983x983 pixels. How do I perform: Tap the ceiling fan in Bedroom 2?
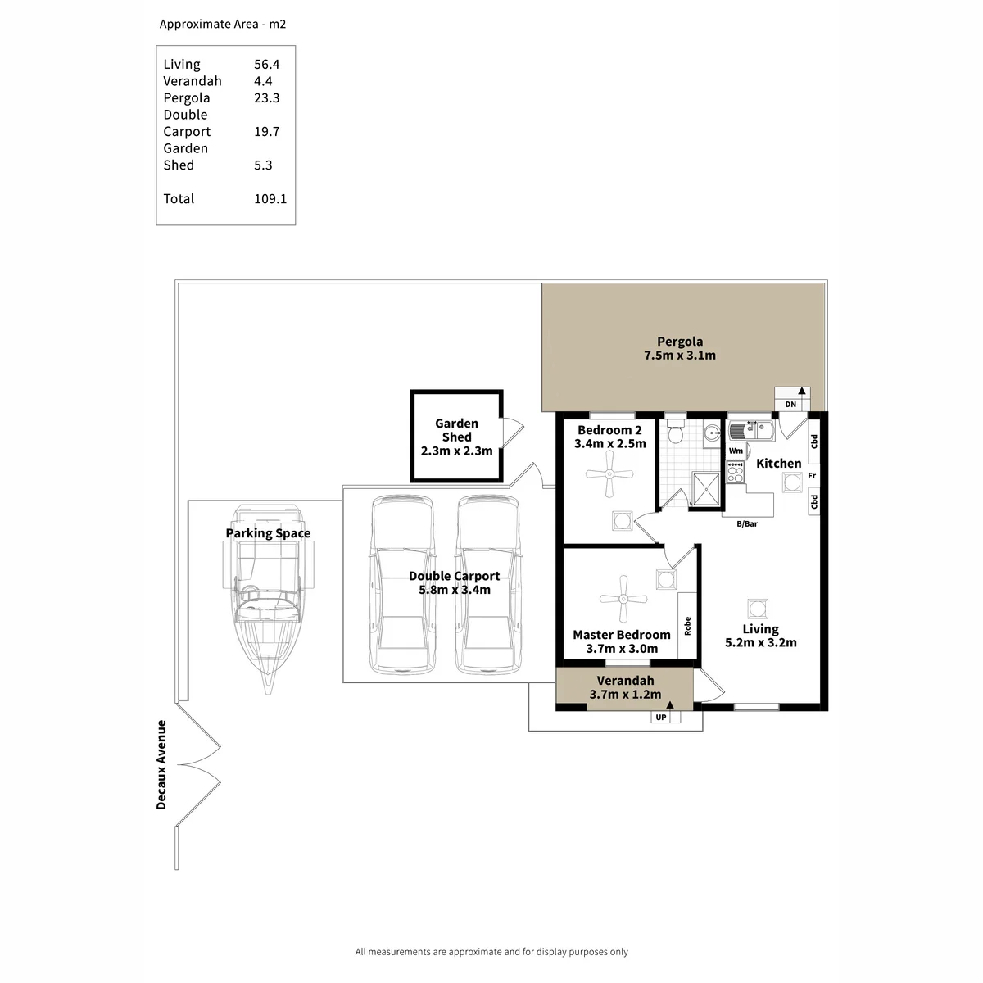click(609, 474)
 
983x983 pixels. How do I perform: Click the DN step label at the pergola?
click(790, 405)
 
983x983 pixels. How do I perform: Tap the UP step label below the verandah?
click(660, 718)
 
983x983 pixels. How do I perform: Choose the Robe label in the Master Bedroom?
click(687, 626)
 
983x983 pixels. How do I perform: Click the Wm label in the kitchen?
click(736, 451)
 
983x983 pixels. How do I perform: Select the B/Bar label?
click(747, 524)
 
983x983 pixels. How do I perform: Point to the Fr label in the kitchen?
click(812, 475)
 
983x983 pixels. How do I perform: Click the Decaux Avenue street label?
click(161, 764)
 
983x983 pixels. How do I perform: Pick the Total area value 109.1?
click(270, 198)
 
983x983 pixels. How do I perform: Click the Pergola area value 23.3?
click(267, 97)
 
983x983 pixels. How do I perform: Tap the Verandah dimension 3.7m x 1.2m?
click(625, 695)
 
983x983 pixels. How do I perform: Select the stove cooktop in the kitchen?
click(735, 473)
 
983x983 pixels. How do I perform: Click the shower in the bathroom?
click(706, 489)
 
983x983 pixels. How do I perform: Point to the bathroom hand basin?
click(711, 434)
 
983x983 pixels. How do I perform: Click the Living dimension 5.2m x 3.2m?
click(760, 642)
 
